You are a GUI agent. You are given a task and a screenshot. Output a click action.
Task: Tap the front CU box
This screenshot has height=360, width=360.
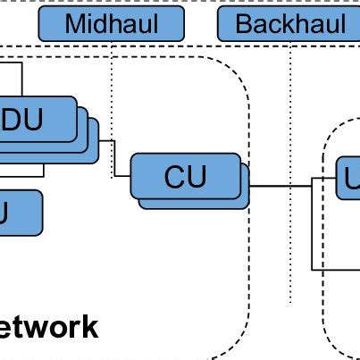click(x=186, y=176)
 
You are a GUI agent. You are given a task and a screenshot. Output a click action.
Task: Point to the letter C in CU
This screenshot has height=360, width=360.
click(x=175, y=177)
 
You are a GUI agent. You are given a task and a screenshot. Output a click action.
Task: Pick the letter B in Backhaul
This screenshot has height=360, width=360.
click(x=243, y=24)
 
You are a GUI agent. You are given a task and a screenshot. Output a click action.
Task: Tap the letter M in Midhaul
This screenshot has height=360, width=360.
click(x=77, y=24)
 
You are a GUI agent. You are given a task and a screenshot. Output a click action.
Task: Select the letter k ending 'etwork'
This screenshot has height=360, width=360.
click(x=90, y=328)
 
